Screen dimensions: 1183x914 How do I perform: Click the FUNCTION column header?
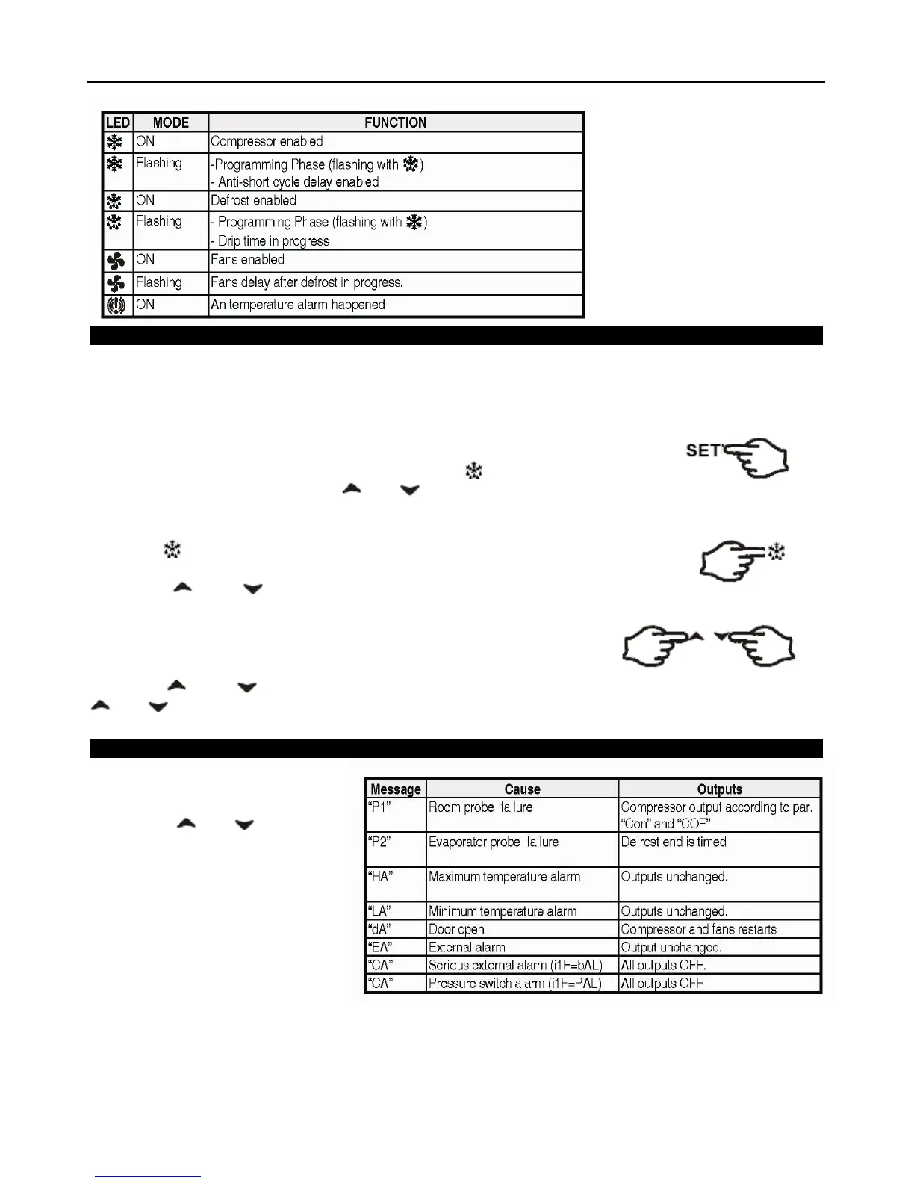[x=395, y=122]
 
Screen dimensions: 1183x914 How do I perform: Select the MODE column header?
[x=170, y=122]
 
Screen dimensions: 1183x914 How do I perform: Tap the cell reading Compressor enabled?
[x=267, y=142]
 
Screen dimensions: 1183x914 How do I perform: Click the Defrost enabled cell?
[x=253, y=201]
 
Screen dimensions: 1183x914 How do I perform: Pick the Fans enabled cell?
[x=247, y=260]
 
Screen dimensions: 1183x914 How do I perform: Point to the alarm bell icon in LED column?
[x=116, y=305]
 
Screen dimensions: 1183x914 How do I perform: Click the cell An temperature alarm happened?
[x=297, y=305]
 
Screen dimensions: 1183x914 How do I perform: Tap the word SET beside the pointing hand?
[x=703, y=450]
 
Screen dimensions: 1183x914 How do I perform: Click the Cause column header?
[x=522, y=789]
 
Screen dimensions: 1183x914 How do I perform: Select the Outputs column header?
[x=719, y=789]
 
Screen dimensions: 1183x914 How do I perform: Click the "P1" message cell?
[x=380, y=807]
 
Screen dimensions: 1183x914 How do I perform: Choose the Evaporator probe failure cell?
[x=493, y=842]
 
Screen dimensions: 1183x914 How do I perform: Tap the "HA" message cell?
[x=381, y=877]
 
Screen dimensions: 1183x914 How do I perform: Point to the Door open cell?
[x=456, y=930]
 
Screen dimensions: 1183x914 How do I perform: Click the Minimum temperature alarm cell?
[x=502, y=912]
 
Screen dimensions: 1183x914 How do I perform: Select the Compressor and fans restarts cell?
[x=698, y=930]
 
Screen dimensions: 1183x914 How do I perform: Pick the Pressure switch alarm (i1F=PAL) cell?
[x=514, y=984]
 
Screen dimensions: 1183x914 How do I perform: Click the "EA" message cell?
[x=380, y=948]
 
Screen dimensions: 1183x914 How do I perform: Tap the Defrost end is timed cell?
[x=673, y=842]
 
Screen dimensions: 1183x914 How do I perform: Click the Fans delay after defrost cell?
[x=306, y=282]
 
